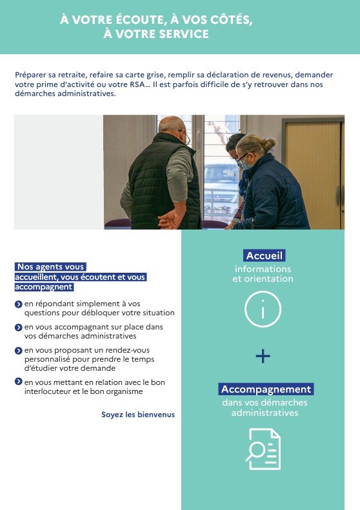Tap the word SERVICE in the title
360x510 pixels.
(x=184, y=34)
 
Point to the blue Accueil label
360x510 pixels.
(x=264, y=256)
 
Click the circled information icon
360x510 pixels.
(x=263, y=309)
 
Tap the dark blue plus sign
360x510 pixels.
(x=263, y=356)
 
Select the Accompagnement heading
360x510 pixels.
(x=266, y=389)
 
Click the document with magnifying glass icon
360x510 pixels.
(x=263, y=449)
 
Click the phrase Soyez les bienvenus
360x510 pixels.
(x=138, y=415)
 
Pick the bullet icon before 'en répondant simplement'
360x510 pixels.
(x=19, y=304)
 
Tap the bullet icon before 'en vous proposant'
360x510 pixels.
(x=19, y=351)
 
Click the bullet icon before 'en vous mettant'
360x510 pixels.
(x=19, y=382)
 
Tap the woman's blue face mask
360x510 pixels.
(x=246, y=165)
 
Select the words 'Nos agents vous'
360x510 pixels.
(x=50, y=267)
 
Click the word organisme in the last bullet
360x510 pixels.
(x=125, y=391)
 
